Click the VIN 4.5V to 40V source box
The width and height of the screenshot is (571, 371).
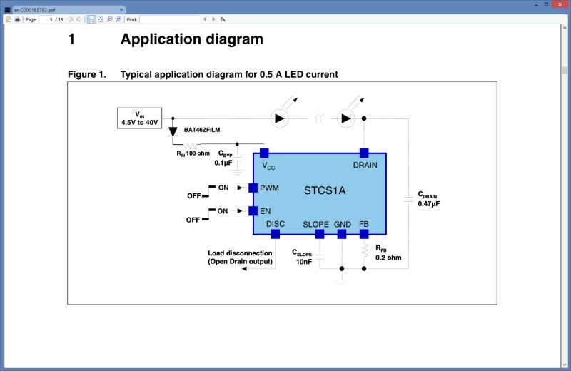coord(140,118)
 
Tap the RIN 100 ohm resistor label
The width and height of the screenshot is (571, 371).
coord(193,153)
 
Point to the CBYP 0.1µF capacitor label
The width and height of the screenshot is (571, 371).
coord(224,158)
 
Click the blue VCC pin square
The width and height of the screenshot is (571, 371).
coord(263,153)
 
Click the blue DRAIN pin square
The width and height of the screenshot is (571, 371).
coord(364,153)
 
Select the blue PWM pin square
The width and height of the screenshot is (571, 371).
coord(253,188)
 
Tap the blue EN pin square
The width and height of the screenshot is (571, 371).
coord(253,210)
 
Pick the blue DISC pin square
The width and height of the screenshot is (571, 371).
coord(275,234)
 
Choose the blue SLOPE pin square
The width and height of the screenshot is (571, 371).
coord(319,234)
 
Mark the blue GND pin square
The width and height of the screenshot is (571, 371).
coord(342,234)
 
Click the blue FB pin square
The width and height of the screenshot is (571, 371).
coord(364,234)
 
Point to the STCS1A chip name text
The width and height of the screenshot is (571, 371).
coord(325,190)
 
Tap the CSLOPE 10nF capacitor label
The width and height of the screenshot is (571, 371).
coord(302,257)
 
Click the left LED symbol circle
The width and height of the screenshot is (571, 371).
coord(279,118)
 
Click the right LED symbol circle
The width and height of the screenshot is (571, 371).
coord(346,118)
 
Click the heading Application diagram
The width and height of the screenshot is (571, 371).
coord(191,39)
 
